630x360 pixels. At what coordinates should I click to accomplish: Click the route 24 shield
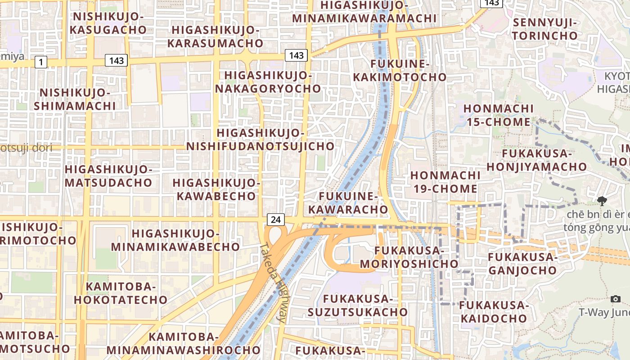pos(276,220)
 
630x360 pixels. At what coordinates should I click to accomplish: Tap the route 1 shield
pos(41,62)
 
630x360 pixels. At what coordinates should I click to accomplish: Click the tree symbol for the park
pos(602,201)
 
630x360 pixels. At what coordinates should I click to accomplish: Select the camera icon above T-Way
pos(616,299)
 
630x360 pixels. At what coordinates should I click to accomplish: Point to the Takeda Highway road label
pos(273,283)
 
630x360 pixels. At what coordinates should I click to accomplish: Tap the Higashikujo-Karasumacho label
pos(215,36)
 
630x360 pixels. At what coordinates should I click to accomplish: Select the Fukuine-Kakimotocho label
pos(400,71)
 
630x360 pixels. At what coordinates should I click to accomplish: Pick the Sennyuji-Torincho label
pos(545,29)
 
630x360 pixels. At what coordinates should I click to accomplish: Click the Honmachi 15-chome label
pos(499,115)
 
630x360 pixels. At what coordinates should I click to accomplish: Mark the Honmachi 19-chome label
pos(444,182)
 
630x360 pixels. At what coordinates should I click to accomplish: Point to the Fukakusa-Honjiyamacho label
pos(536,160)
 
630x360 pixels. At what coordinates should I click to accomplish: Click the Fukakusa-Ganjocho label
pos(523,264)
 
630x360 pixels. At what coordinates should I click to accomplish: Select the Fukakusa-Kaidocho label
pos(493,312)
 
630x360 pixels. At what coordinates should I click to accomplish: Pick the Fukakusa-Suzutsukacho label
pos(358,305)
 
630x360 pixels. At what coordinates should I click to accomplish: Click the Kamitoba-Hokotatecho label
pos(121,293)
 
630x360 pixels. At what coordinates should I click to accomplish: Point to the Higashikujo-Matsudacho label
pos(109,176)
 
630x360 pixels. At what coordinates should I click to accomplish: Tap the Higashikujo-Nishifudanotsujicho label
pos(261,139)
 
